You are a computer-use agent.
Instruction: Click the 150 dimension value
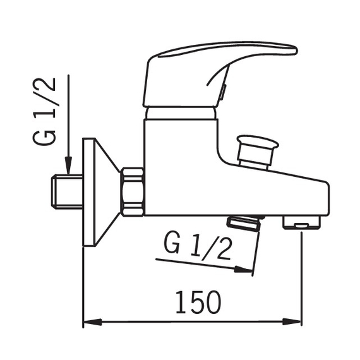198,302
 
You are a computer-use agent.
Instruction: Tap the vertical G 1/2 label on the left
45,112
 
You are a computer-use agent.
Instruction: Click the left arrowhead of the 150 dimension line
92,321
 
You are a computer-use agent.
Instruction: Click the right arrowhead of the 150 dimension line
292,321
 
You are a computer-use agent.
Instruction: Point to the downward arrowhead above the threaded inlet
68,165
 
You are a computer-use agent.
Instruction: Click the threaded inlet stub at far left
67,192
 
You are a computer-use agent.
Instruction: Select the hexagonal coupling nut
133,192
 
